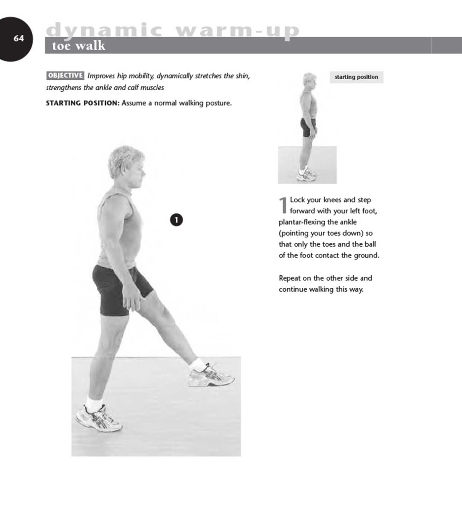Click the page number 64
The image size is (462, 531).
pyautogui.click(x=19, y=39)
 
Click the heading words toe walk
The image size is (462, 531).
pyautogui.click(x=78, y=46)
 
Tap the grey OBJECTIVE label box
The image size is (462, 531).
pyautogui.click(x=65, y=75)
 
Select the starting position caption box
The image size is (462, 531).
pyautogui.click(x=356, y=77)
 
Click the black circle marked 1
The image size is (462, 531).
pyautogui.click(x=176, y=220)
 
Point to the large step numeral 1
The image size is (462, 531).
pyautogui.click(x=283, y=205)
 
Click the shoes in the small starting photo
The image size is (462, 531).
pyautogui.click(x=306, y=175)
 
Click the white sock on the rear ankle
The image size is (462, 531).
pyautogui.click(x=94, y=404)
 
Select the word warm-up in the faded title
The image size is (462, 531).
pyautogui.click(x=237, y=30)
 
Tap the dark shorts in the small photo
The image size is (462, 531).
pyautogui.click(x=307, y=127)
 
